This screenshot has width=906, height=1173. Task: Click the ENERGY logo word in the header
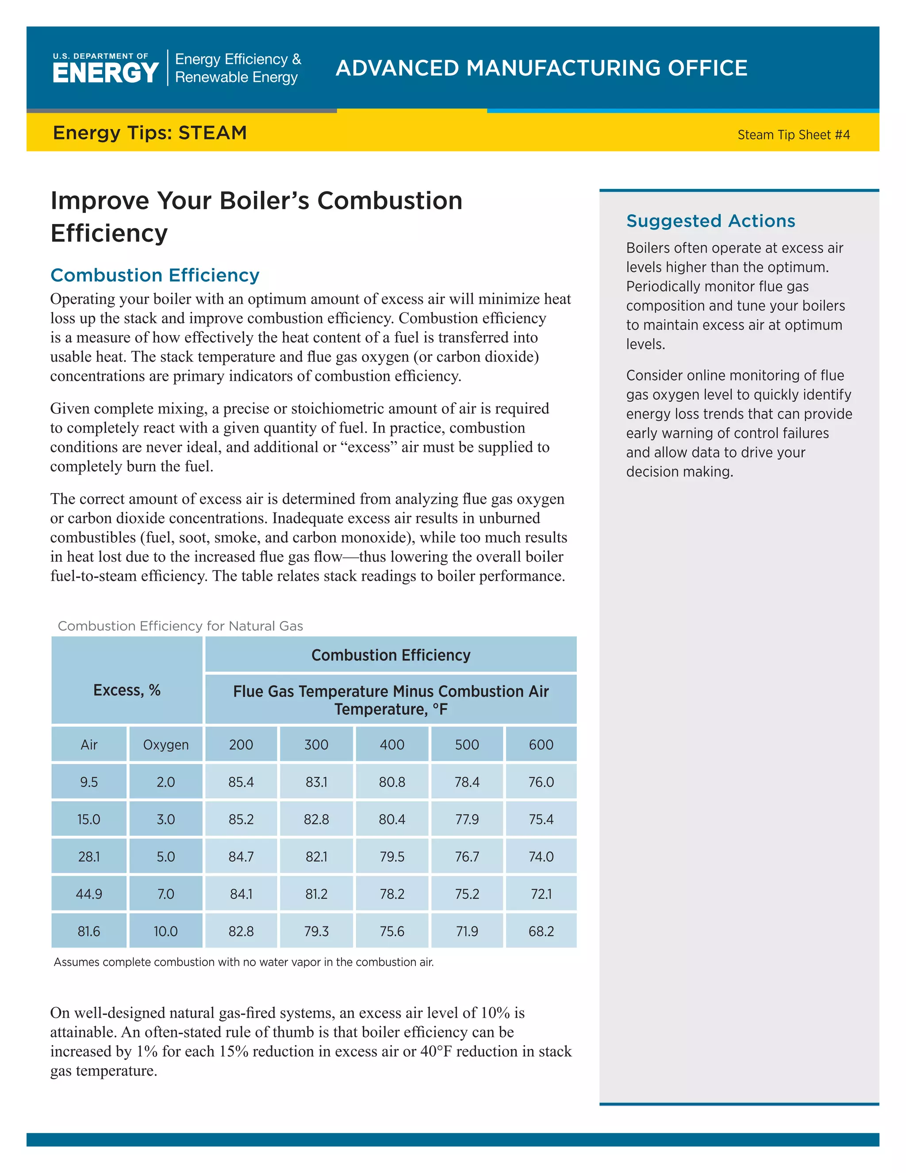[105, 73]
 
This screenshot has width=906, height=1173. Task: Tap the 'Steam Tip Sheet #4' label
[793, 135]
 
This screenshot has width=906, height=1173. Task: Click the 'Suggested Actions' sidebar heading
[710, 221]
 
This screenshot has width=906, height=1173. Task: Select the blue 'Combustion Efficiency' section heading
[154, 275]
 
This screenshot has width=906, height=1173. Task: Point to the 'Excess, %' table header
[127, 690]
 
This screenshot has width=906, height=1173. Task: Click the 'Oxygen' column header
[165, 745]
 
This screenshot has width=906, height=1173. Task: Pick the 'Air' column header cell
[89, 745]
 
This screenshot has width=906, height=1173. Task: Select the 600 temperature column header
[541, 745]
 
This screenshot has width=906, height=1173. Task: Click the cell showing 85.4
[241, 782]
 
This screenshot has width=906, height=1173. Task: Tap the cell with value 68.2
[541, 931]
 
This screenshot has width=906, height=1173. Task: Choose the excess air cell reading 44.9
[89, 894]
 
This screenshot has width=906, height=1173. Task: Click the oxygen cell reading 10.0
[165, 931]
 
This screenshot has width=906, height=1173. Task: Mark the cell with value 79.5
[392, 857]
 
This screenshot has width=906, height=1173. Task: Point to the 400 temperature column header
[392, 745]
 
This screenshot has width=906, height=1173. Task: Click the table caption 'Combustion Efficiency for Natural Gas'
[180, 626]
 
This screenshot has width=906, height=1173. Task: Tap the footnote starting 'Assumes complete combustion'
[243, 962]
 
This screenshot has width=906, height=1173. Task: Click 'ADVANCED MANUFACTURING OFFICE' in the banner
[541, 68]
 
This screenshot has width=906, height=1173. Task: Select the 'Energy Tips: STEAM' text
[150, 133]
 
